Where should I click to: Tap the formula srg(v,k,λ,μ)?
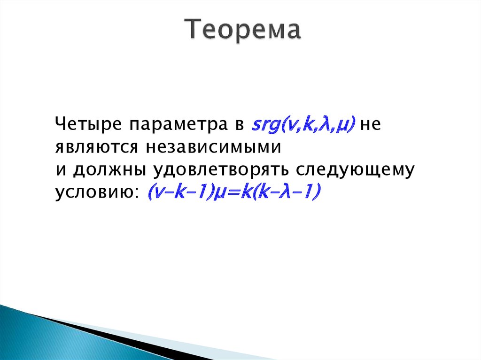[303, 125]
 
